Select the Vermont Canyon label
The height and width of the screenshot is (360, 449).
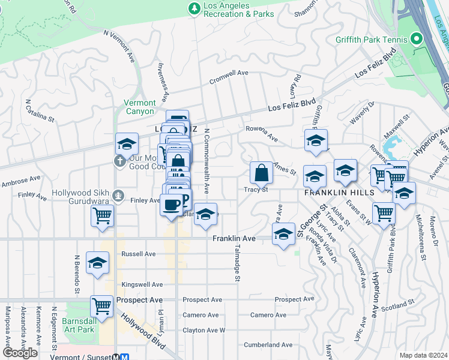(139, 107)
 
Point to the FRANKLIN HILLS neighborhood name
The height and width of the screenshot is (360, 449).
(339, 192)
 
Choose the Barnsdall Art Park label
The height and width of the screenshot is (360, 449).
(79, 325)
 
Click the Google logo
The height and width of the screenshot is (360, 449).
(19, 353)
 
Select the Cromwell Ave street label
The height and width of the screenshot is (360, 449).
(229, 73)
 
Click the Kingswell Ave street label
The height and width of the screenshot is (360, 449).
(142, 284)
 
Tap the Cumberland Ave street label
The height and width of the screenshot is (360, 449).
(268, 345)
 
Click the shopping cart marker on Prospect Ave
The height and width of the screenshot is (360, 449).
(102, 307)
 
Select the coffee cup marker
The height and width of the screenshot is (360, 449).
(171, 205)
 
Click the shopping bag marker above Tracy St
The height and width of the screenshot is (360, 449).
(262, 173)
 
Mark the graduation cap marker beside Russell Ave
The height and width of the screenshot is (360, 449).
(97, 263)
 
